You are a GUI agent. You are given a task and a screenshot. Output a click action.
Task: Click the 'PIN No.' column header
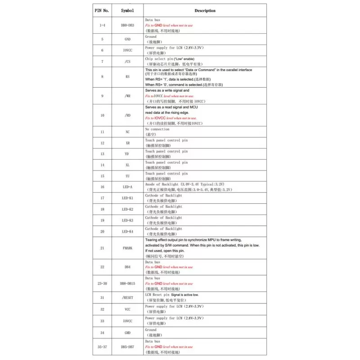[103, 10]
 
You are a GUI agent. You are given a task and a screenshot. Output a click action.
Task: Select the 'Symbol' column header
[127, 10]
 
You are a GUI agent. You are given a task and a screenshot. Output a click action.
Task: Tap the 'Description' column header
[205, 10]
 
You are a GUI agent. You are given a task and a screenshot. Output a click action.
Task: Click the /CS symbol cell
[127, 61]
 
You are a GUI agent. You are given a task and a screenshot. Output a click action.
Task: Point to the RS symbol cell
[127, 77]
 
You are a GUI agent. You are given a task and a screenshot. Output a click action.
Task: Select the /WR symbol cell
[127, 96]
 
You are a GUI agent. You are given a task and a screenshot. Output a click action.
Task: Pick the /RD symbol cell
[127, 115]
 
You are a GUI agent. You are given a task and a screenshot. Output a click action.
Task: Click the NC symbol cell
[127, 132]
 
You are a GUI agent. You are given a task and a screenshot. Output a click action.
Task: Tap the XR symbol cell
[127, 143]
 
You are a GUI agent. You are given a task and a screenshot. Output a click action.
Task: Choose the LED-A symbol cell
[127, 187]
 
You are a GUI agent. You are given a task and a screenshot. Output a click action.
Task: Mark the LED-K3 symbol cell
[127, 220]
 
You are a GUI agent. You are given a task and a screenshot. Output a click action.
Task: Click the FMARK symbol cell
[127, 248]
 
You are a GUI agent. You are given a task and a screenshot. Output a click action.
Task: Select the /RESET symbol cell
[127, 297]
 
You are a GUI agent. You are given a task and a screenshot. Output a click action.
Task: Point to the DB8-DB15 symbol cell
[127, 283]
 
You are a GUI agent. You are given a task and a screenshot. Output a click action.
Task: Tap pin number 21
[103, 248]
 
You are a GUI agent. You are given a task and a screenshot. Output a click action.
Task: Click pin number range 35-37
[103, 347]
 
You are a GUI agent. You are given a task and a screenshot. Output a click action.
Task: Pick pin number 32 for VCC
[103, 309]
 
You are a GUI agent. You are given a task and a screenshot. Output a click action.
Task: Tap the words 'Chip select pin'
[159, 58]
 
